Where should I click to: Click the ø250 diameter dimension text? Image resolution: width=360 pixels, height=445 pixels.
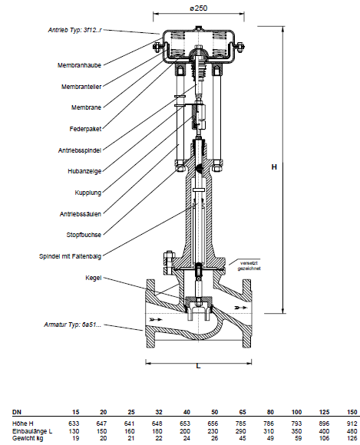pos(199,8)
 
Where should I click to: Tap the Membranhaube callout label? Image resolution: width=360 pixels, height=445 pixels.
pos(79,65)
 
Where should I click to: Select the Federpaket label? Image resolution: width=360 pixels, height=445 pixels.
pos(85,129)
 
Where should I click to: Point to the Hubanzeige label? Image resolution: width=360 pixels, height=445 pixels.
pos(84,171)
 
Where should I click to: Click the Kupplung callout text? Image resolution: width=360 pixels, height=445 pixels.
pos(88,193)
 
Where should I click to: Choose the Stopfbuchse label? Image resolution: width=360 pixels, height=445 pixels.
pos(84,235)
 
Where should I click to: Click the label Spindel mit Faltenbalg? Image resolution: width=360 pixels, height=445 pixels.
pos(70,256)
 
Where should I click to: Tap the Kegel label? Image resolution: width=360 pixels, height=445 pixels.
pos(94,278)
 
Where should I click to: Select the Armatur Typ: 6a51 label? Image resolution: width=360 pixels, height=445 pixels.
pos(72,325)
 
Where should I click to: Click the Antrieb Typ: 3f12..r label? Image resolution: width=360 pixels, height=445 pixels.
pos(75,30)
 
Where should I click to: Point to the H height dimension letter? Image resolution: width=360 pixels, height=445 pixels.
pos(274,167)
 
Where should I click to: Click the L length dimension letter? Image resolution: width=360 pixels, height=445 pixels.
pos(199,366)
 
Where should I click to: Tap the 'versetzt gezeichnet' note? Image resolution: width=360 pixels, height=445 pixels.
pos(249,265)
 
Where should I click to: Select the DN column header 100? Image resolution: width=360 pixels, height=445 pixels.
pos(296,412)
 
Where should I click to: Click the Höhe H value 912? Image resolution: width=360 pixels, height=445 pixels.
pos(352,424)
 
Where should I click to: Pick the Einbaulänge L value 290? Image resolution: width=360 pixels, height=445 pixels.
pos(240,431)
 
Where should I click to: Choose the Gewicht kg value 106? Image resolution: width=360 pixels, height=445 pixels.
pos(324,438)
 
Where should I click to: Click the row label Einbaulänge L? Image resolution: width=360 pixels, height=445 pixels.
pos(32,431)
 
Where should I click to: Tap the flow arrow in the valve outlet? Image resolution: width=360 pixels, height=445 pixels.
pos(240,307)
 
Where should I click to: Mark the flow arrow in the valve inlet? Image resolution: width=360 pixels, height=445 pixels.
pos(156,320)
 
